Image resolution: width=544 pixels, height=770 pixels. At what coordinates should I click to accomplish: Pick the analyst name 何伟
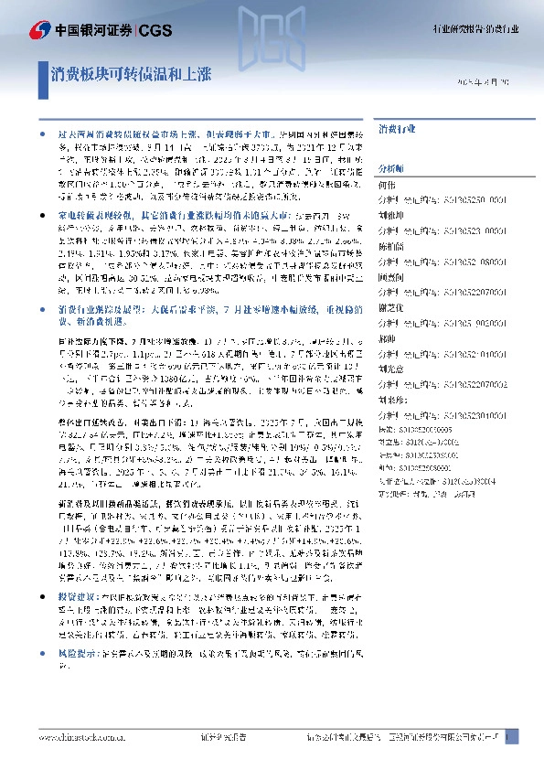click(386, 184)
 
